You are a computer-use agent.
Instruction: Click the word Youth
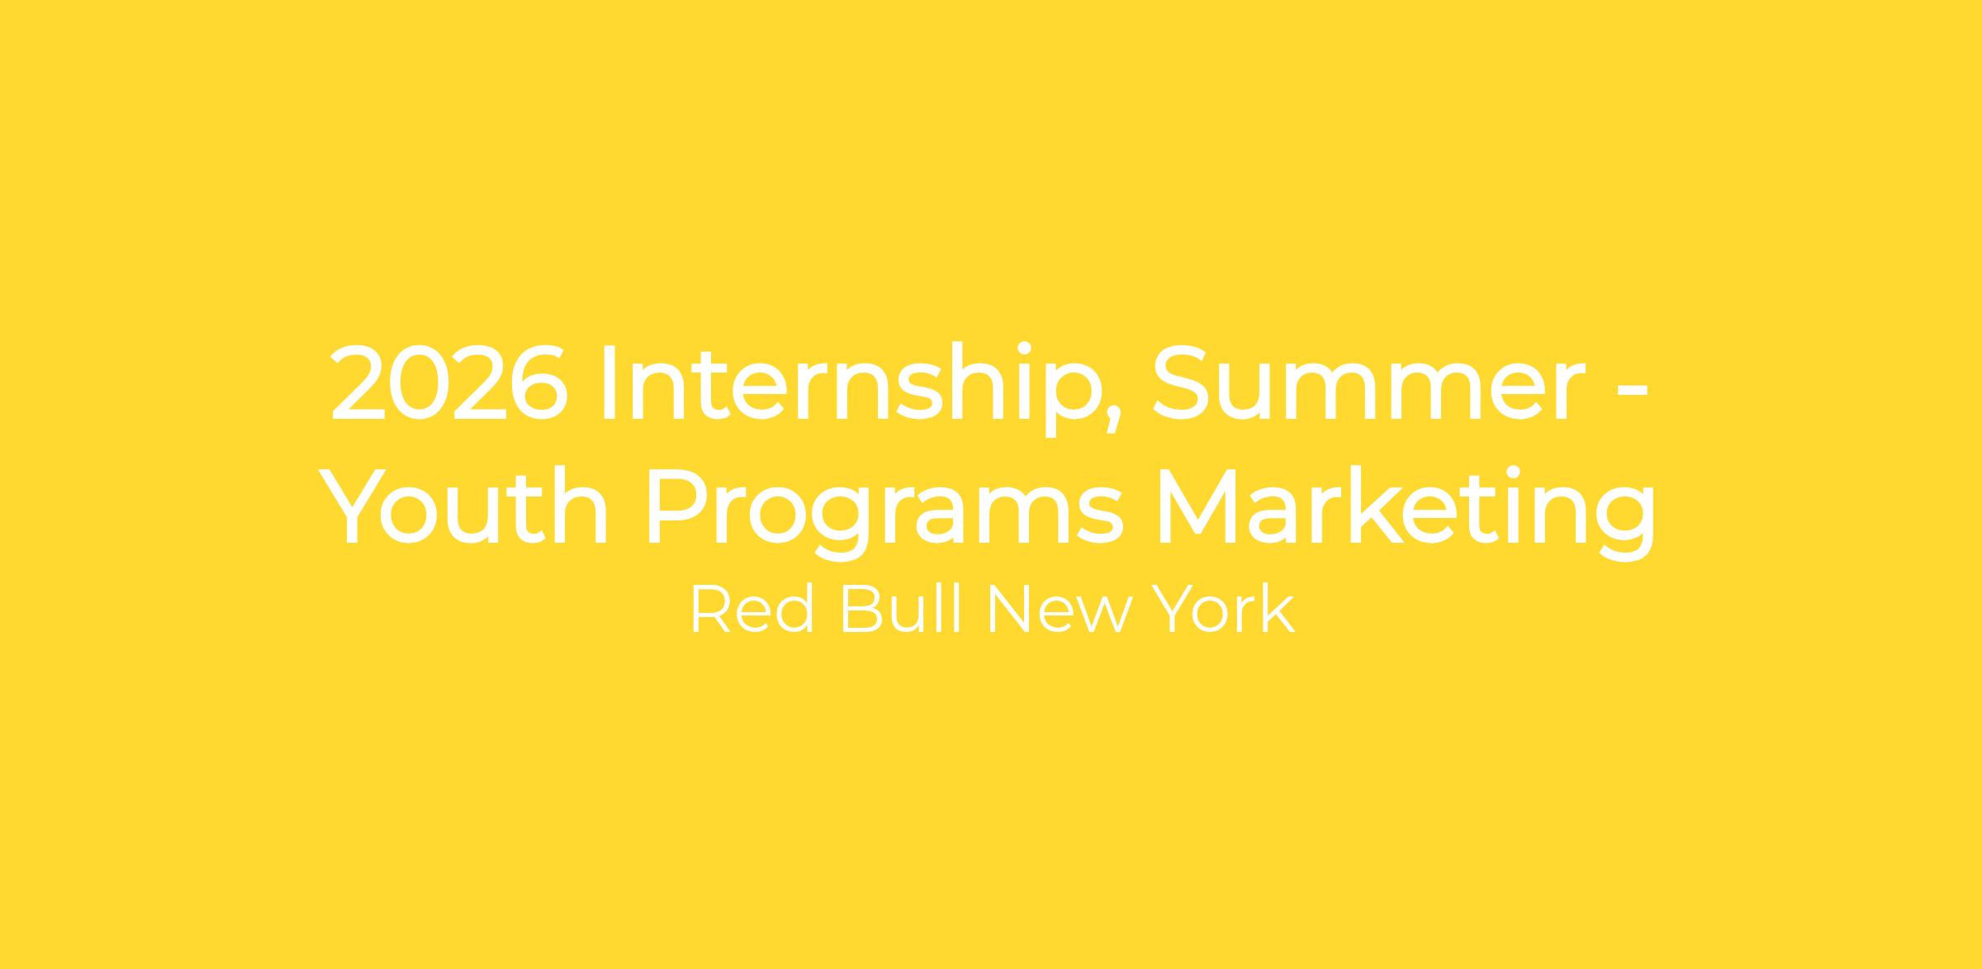coord(463,505)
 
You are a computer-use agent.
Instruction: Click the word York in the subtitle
coord(1223,610)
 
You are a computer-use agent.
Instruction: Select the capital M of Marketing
coord(1199,507)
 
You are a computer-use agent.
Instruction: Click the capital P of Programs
coord(676,507)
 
